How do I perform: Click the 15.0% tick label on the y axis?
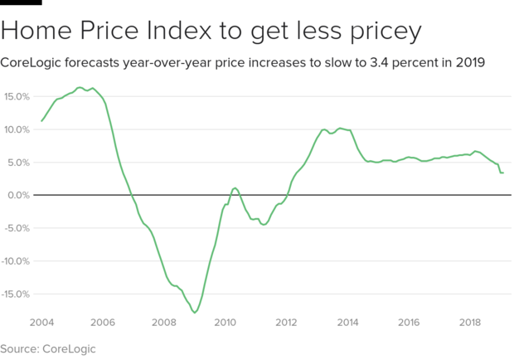17,97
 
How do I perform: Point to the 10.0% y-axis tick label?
17,129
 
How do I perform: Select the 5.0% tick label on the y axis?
19,163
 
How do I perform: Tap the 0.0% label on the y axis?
19,196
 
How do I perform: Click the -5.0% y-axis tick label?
17,228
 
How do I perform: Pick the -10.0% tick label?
15,261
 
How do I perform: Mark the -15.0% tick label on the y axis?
15,294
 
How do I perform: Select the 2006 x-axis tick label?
103,322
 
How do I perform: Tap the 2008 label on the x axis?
164,322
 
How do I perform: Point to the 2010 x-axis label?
225,322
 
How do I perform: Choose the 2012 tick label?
287,322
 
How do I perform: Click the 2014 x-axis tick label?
348,322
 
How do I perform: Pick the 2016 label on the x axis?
410,322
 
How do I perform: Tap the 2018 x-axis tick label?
471,322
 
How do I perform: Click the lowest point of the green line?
195,313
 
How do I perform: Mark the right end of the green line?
503,173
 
